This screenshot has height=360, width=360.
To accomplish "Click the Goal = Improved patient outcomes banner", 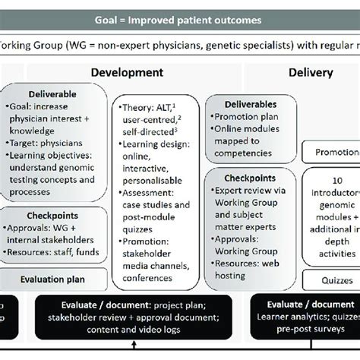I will (x=179, y=20).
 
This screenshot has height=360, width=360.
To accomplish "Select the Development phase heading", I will (x=127, y=73).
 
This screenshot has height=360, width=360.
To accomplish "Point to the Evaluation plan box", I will (x=52, y=279).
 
